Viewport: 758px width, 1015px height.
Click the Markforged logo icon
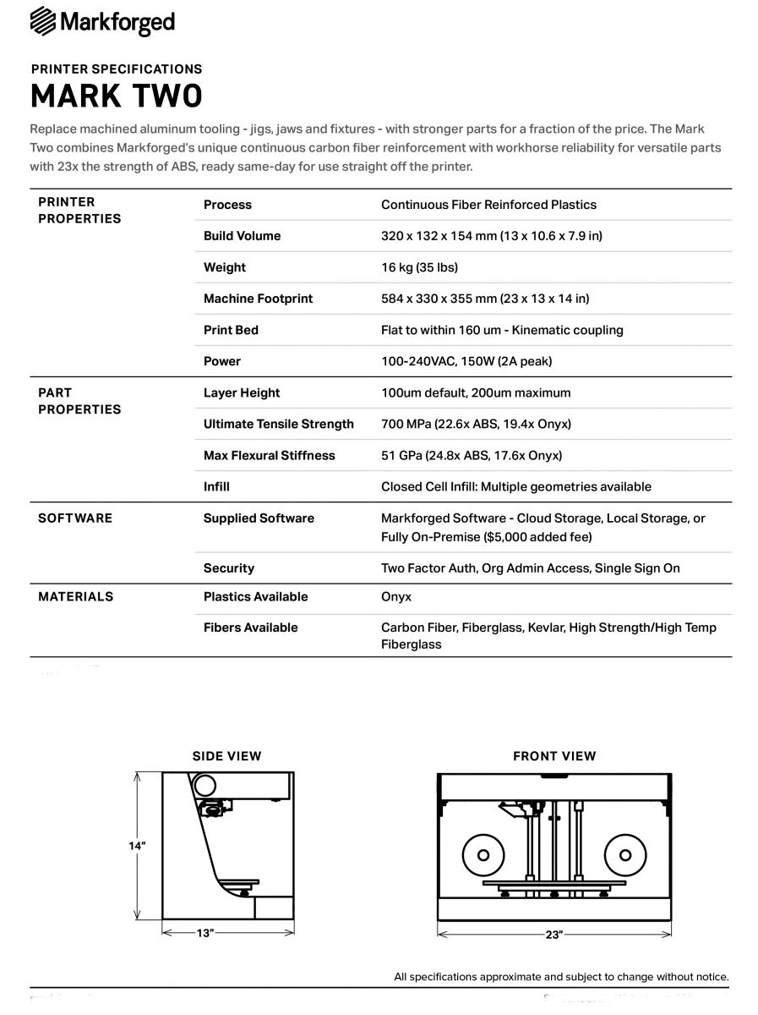click(43, 21)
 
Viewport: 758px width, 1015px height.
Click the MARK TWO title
click(117, 96)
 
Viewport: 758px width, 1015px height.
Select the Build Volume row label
click(242, 236)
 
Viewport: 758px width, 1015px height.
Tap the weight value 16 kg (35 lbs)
click(419, 267)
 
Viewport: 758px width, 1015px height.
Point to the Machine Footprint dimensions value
click(485, 299)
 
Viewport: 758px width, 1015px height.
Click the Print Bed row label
click(231, 330)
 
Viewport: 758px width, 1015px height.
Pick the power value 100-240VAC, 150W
click(466, 361)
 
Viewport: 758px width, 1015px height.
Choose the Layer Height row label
click(242, 392)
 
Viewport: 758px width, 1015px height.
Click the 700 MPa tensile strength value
click(476, 424)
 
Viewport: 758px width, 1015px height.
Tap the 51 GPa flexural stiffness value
click(472, 455)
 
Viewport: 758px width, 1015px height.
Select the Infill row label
click(216, 486)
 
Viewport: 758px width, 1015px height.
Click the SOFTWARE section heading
click(75, 518)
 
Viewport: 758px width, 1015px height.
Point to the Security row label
click(229, 568)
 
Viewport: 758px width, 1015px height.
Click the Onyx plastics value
click(396, 596)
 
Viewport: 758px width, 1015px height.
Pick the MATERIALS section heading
click(75, 596)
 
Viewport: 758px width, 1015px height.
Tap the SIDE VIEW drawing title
click(226, 756)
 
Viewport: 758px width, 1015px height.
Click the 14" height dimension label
click(137, 846)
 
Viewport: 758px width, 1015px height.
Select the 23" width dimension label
click(554, 934)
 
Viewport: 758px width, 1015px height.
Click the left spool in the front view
click(483, 854)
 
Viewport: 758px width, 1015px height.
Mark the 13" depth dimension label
click(204, 932)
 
